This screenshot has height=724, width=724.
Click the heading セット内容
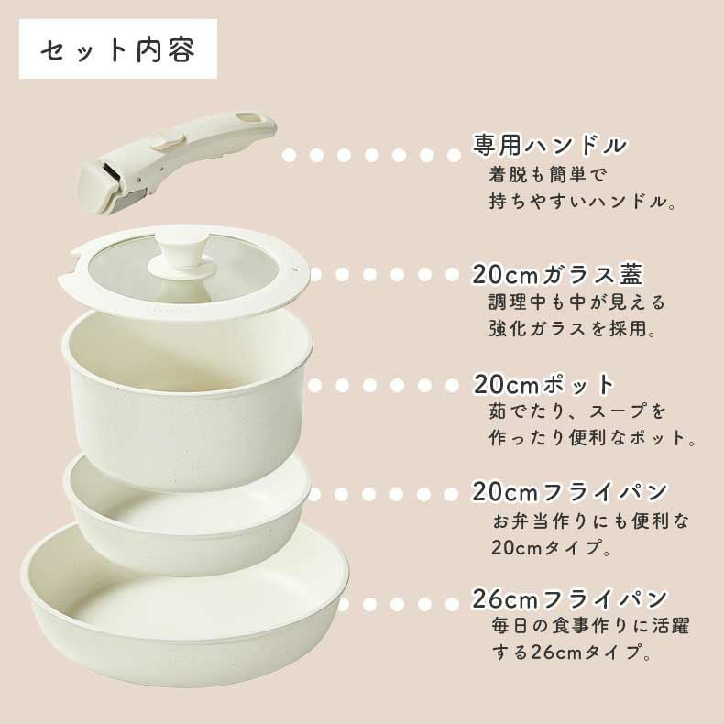[118, 50]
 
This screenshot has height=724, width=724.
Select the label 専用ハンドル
[549, 146]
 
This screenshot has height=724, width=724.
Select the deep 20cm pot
[188, 394]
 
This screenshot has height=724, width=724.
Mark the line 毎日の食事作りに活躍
[590, 628]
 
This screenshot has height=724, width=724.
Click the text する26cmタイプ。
[571, 655]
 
